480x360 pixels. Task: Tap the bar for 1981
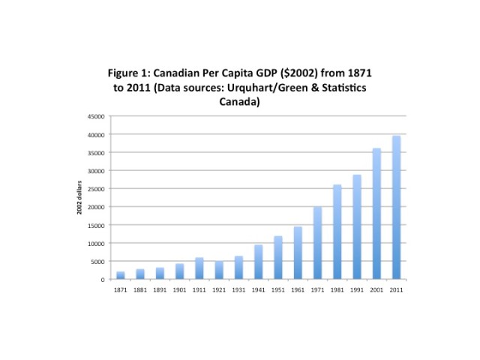[337, 232]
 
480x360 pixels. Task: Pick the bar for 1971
[317, 243]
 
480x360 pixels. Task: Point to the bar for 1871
[121, 275]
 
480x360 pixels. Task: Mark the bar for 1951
[277, 258]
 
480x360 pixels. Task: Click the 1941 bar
[258, 262]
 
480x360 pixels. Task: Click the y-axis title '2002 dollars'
[79, 198]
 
